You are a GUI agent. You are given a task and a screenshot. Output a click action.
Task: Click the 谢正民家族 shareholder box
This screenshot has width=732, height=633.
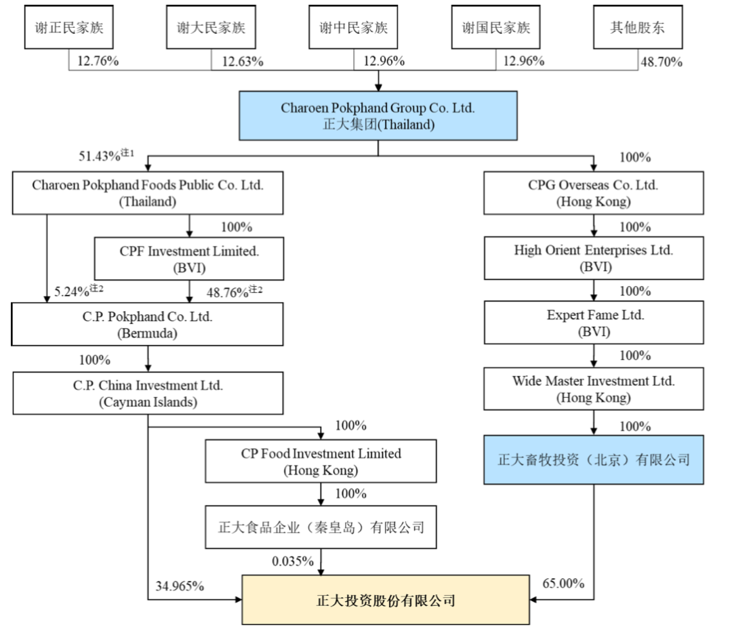point(69,28)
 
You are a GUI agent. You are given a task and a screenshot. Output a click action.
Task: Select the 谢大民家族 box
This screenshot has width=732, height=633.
point(211,28)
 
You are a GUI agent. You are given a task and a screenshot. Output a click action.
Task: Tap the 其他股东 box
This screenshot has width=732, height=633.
point(637,28)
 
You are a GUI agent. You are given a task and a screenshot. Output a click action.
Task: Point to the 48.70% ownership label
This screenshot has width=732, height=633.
point(661,62)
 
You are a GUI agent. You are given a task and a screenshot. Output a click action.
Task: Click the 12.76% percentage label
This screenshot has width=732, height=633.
point(98,62)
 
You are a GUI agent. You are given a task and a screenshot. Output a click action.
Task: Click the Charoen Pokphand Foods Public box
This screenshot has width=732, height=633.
point(148,193)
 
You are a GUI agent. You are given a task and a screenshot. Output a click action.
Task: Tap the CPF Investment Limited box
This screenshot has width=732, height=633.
point(189,258)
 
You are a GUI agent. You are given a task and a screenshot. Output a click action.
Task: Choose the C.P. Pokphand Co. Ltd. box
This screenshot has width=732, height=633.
point(148,323)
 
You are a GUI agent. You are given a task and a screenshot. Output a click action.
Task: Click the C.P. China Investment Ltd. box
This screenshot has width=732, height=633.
point(148,393)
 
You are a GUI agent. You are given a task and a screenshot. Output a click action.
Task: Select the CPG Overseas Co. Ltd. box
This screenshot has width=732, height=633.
point(594,193)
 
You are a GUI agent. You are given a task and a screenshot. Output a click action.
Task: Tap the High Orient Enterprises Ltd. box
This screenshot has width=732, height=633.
point(594,258)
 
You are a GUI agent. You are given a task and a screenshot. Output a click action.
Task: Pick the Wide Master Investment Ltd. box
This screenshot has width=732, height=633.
point(594,389)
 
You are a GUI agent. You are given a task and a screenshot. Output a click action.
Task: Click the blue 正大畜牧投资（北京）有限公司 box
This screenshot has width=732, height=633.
point(594,460)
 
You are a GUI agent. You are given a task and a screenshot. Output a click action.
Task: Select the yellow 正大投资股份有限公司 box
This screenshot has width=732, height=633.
point(386,600)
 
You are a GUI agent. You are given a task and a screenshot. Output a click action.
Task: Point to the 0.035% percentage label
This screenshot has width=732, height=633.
point(293,561)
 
